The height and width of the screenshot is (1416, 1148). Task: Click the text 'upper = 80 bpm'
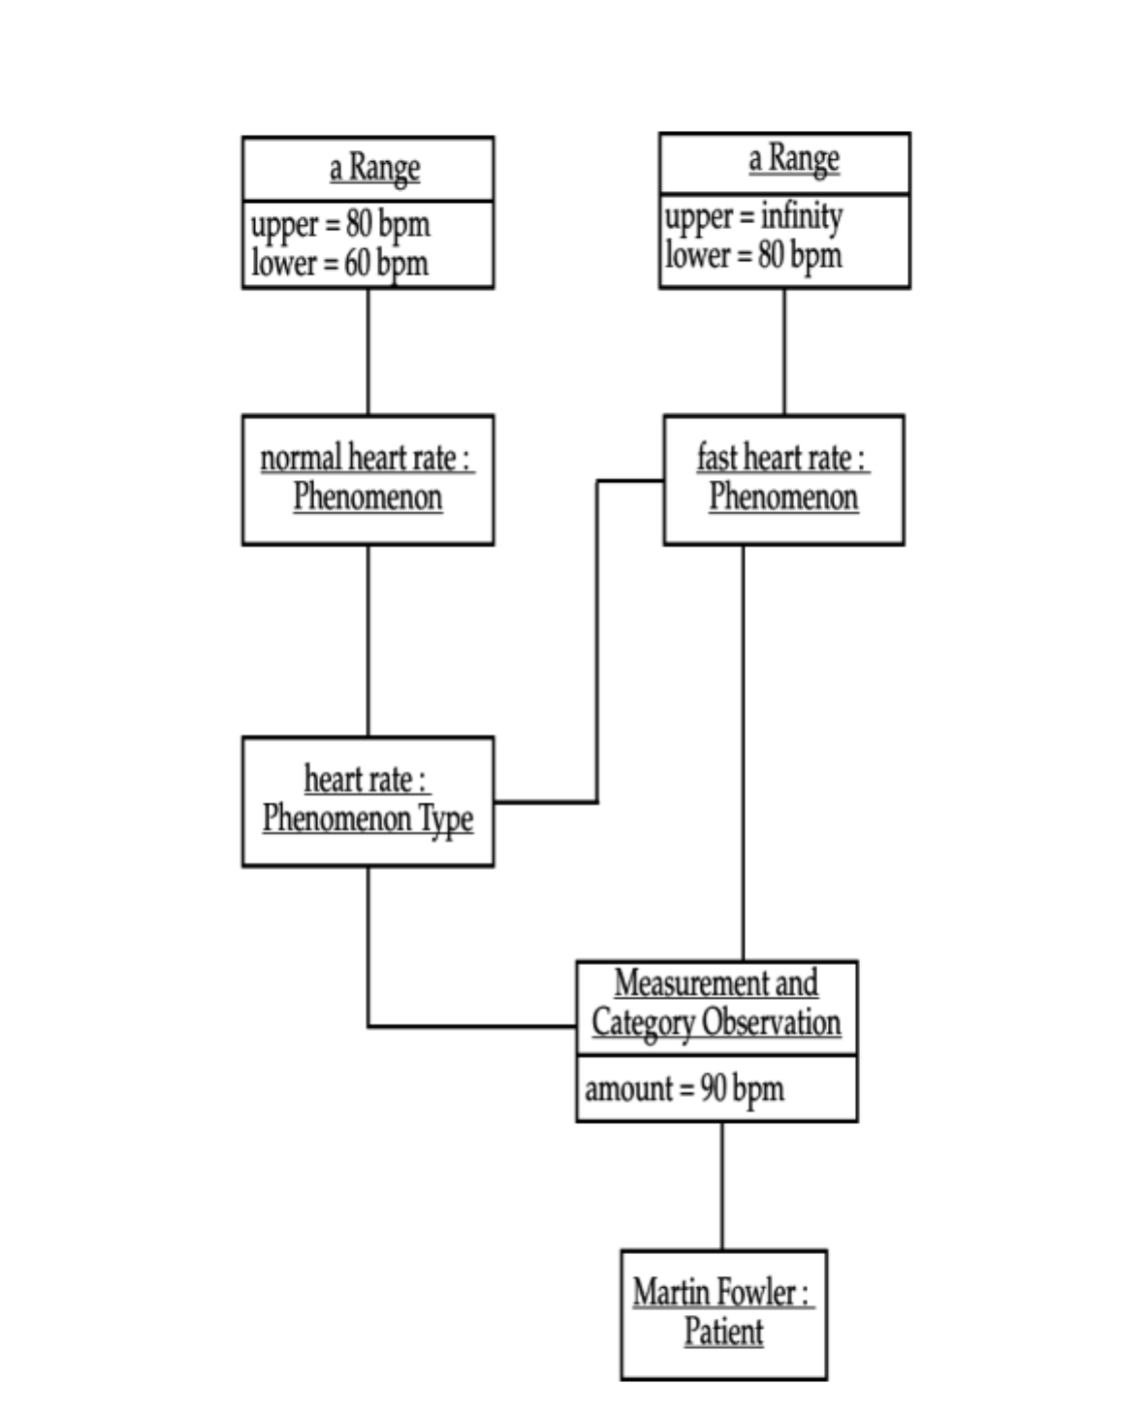click(x=339, y=224)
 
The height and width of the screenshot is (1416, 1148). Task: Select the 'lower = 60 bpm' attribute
click(x=339, y=263)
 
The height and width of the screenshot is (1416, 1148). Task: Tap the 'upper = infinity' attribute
click(x=753, y=216)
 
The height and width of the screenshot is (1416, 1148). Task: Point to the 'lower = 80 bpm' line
click(x=753, y=255)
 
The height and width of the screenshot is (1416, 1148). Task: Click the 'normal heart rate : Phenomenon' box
click(x=367, y=479)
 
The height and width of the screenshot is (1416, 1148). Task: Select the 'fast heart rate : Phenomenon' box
click(x=783, y=479)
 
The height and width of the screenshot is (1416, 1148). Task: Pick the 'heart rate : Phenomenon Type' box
click(x=367, y=800)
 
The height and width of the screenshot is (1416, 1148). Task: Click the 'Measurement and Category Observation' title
click(x=717, y=1004)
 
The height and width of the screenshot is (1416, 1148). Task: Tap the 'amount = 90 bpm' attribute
click(x=685, y=1088)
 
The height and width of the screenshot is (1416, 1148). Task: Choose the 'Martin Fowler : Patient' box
click(x=723, y=1313)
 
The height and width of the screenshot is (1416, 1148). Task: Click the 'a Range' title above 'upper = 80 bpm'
click(x=374, y=168)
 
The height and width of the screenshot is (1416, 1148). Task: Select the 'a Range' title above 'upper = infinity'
click(x=793, y=159)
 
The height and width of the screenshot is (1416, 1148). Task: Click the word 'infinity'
click(x=801, y=216)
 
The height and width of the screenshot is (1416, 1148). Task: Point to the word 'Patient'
click(x=723, y=1332)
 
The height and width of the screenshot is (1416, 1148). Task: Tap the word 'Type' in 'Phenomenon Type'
click(x=446, y=819)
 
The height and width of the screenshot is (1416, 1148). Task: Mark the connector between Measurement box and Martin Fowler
click(x=721, y=1185)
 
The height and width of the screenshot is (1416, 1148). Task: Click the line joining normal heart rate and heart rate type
click(x=367, y=640)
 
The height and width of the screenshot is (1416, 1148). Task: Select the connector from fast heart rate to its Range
click(x=784, y=351)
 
